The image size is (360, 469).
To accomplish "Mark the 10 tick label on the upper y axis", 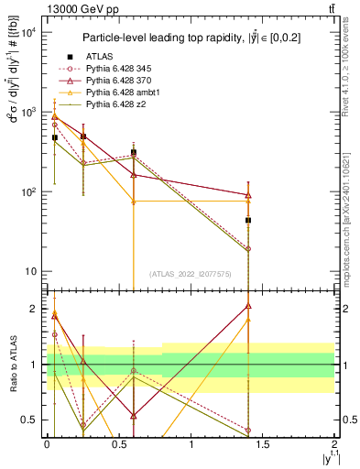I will click(x=29, y=272).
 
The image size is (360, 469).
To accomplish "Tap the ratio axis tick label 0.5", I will click(x=29, y=420).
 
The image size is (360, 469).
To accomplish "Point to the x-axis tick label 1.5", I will click(x=264, y=444).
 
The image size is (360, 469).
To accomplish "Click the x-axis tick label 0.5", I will click(x=119, y=444).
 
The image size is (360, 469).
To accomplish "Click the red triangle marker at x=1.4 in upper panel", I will click(x=248, y=194).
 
